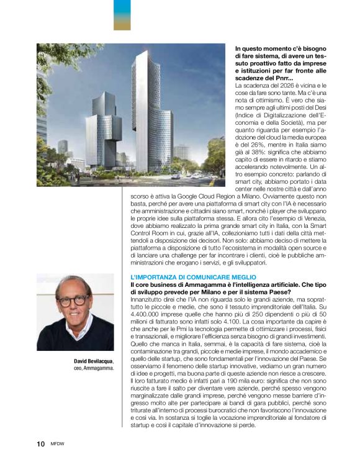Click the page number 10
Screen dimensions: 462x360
[x=40, y=443]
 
